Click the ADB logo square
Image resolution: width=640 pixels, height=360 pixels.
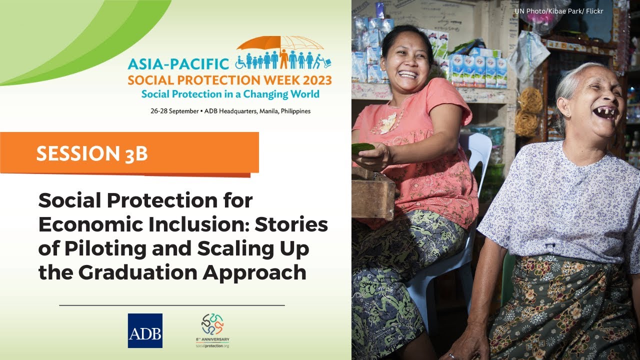pyautogui.click(x=145, y=330)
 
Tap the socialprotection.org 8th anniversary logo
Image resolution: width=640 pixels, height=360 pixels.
pyautogui.click(x=212, y=330)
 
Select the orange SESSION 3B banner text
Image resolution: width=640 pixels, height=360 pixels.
pyautogui.click(x=92, y=153)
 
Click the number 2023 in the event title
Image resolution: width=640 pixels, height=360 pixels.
pyautogui.click(x=313, y=80)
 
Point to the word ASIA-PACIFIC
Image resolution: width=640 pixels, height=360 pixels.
pyautogui.click(x=177, y=64)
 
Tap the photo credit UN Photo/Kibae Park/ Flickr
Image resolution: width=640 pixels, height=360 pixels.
pyautogui.click(x=558, y=11)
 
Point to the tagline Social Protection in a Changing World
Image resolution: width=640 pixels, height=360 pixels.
pyautogui.click(x=230, y=94)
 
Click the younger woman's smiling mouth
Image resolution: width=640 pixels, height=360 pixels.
pyautogui.click(x=408, y=74)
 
